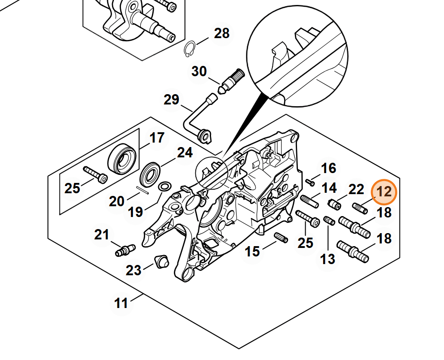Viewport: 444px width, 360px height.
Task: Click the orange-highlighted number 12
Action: (x=384, y=192)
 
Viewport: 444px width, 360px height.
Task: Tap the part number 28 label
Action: (x=221, y=34)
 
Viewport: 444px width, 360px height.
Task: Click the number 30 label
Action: (x=199, y=71)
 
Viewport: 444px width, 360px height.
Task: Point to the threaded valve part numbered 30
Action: (x=231, y=82)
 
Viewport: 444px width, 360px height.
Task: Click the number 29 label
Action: (x=172, y=100)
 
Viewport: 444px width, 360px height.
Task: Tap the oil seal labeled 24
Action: (x=151, y=174)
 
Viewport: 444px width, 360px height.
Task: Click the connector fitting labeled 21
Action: (x=125, y=250)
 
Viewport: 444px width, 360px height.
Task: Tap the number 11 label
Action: (x=121, y=304)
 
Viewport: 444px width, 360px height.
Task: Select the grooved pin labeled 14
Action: (x=310, y=201)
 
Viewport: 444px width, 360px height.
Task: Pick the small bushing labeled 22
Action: (x=334, y=204)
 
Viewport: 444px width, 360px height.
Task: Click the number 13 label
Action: (x=328, y=259)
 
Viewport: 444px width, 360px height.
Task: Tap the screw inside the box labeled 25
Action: (x=95, y=175)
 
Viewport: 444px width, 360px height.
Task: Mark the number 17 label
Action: (x=157, y=138)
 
